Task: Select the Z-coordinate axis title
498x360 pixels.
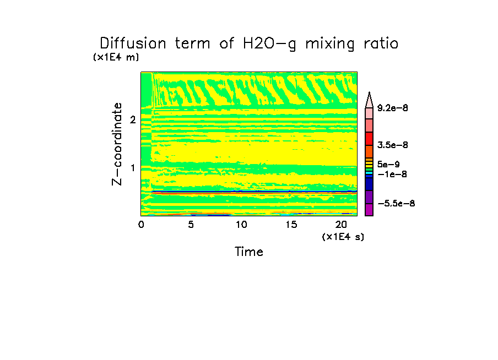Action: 117,143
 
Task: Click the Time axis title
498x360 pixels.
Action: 249,252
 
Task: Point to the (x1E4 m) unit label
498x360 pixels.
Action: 116,57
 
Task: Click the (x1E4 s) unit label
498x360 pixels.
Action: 343,237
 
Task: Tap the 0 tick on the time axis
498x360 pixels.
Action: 141,225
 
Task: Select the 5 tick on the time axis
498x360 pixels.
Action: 191,225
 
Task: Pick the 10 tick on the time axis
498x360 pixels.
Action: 241,225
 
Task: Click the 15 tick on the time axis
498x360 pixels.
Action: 291,225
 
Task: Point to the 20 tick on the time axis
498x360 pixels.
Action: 341,225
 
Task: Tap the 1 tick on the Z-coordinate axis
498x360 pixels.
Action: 133,167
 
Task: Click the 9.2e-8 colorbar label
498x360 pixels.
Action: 393,108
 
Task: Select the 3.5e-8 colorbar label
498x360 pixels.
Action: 393,145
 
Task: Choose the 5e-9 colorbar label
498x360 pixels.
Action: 388,164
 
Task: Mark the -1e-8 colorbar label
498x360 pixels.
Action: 391,174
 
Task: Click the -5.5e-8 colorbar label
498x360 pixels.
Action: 396,203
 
